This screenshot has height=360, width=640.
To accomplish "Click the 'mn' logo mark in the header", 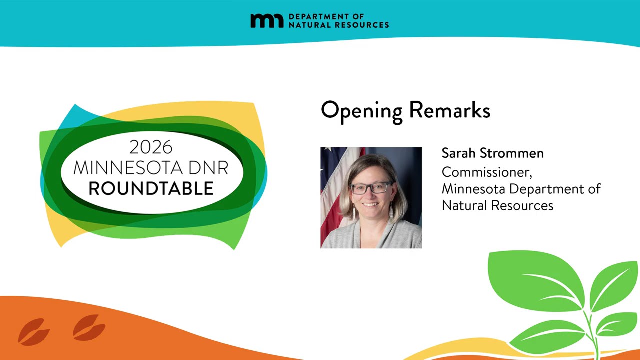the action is click(267, 21).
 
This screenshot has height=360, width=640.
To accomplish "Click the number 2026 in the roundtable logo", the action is click(151, 147).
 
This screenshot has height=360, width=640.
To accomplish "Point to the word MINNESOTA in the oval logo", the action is click(128, 168).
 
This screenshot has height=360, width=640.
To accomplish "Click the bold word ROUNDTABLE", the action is click(151, 188).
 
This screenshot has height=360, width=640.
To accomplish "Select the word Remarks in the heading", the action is click(450, 110).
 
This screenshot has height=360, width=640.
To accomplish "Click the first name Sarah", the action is click(459, 153).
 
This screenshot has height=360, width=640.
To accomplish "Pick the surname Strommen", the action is click(511, 153).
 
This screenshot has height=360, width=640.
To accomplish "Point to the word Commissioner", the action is click(487, 172).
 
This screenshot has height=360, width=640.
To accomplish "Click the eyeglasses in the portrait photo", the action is click(371, 188).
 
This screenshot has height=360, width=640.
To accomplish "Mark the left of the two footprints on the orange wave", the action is click(33, 332).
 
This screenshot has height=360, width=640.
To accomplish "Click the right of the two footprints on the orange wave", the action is click(89, 327).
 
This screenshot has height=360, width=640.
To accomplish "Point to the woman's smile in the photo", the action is click(370, 204).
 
